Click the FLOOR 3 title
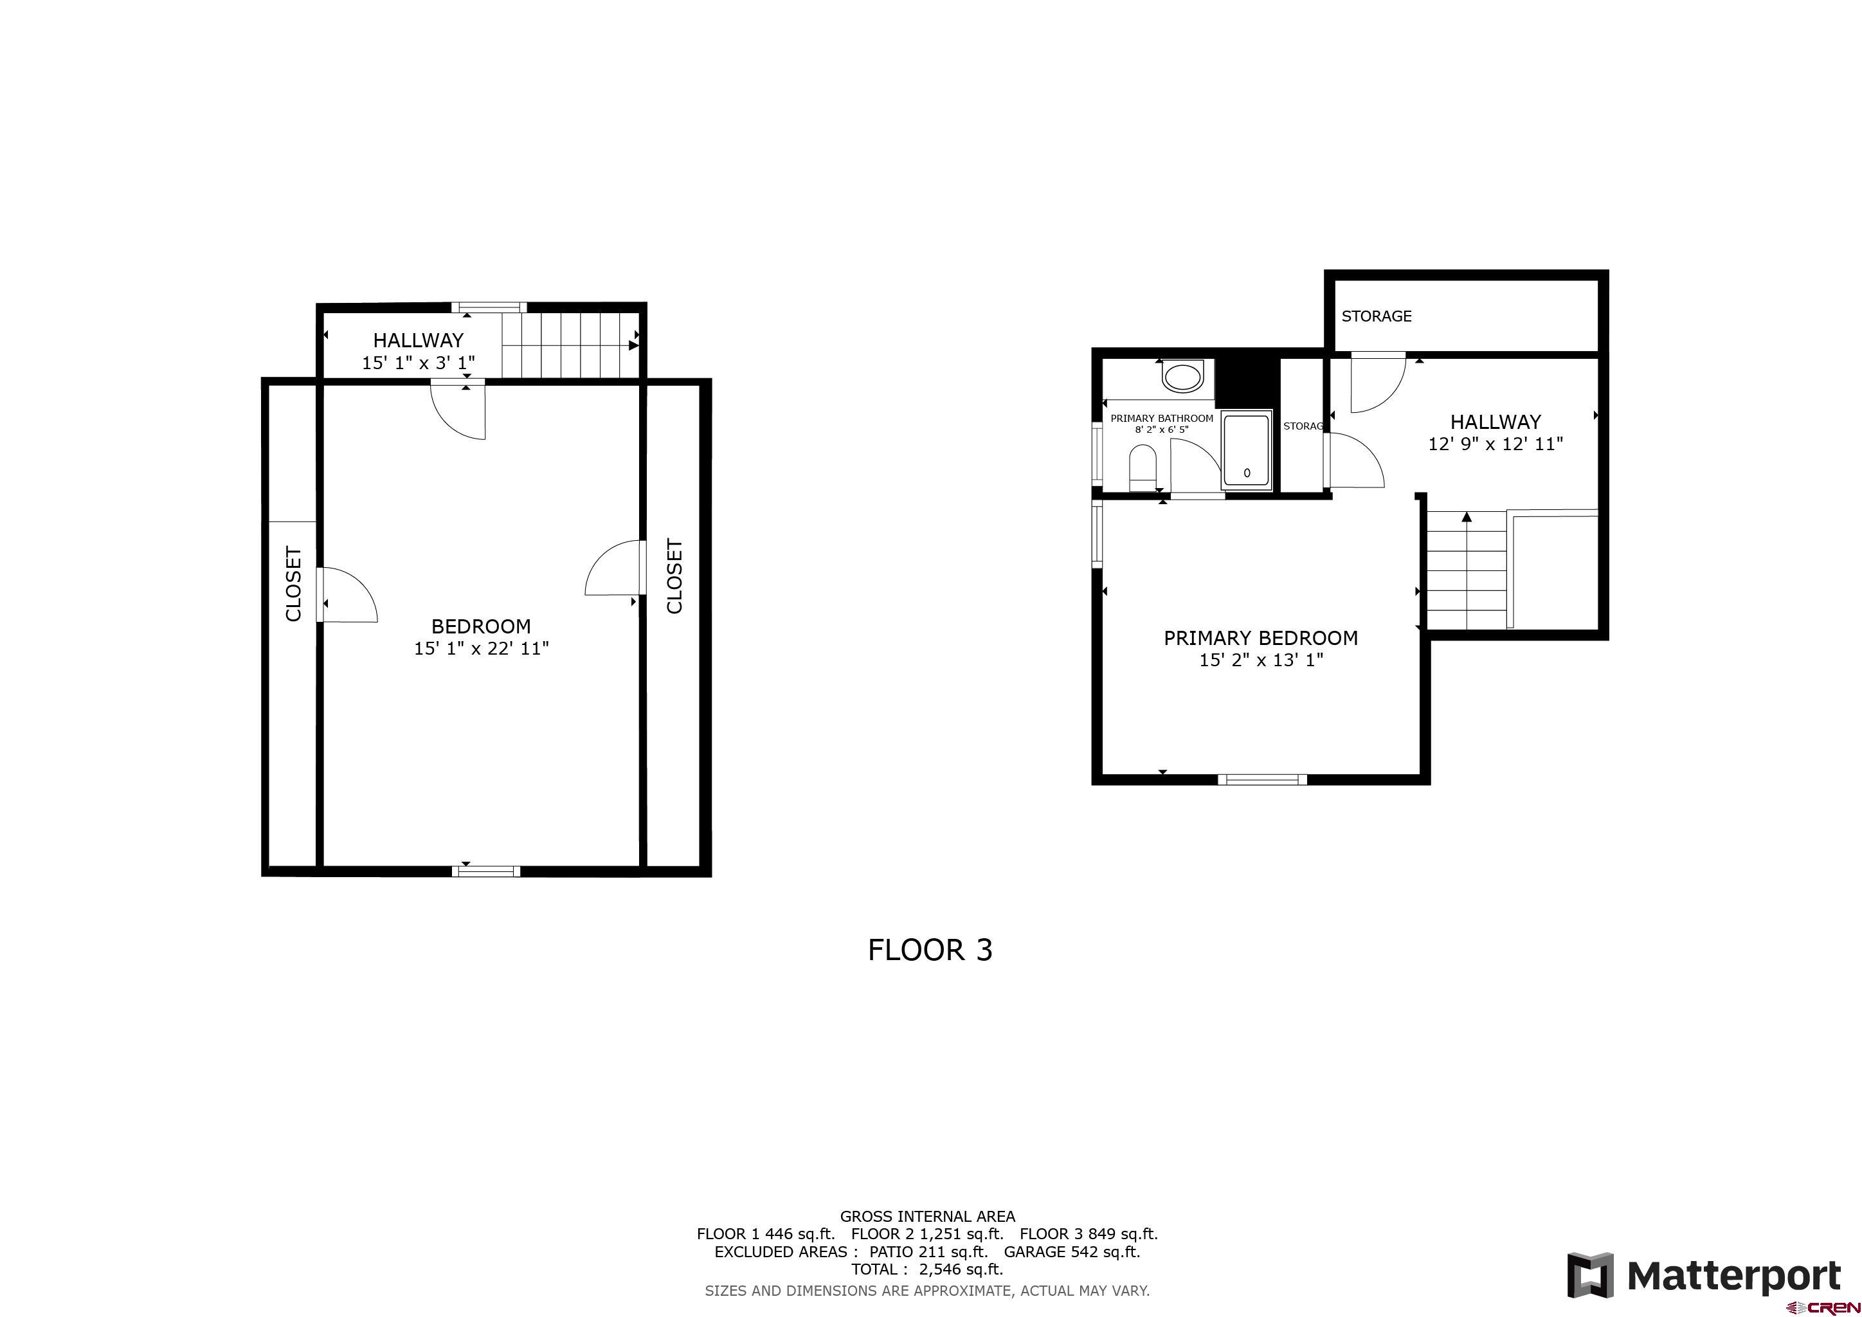coord(930,950)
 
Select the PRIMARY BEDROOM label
coord(1261,638)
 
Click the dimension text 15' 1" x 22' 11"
coord(482,648)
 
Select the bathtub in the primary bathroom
coord(1247,451)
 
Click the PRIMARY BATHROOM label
coord(1162,419)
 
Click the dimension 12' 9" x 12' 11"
coord(1496,444)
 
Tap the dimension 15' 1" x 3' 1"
coord(419,363)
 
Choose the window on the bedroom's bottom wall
coord(486,871)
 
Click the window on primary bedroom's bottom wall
coord(1263,779)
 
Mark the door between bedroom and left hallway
coord(457,410)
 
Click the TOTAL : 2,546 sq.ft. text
coord(927,1269)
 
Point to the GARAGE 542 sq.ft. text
coord(1072,1251)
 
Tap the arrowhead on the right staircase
coord(1466,516)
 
